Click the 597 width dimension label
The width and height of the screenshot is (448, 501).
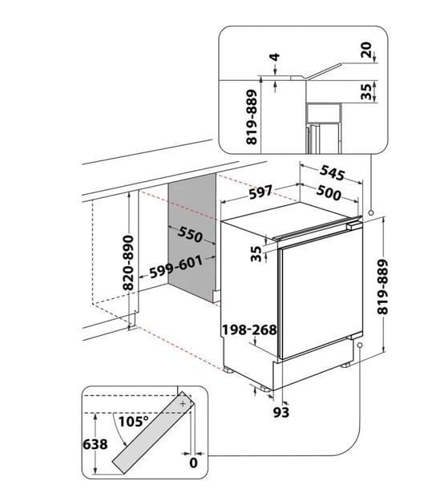tap(260, 192)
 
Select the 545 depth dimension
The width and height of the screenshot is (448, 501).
tap(333, 173)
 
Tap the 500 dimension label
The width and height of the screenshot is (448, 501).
tap(329, 193)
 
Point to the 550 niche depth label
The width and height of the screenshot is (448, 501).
tap(190, 234)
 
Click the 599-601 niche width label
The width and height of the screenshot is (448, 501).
tap(176, 266)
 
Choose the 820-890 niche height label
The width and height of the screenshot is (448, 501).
tap(128, 262)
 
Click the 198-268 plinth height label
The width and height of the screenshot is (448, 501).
tap(249, 329)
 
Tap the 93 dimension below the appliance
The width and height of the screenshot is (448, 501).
tap(281, 412)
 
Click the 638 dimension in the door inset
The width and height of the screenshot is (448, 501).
tap(95, 444)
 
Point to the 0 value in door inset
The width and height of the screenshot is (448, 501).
tap(193, 463)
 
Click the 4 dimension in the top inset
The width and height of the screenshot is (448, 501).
tap(275, 58)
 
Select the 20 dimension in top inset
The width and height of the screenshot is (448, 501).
tap(366, 50)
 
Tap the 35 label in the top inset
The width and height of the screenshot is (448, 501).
tap(366, 91)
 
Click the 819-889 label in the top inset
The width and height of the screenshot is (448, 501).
tap(252, 117)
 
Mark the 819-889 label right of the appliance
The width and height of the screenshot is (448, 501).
tap(382, 287)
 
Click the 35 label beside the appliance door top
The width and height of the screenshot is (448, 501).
tap(256, 253)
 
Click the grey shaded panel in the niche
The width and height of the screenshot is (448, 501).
tap(192, 238)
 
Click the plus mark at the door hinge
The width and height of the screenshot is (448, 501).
tap(183, 403)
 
